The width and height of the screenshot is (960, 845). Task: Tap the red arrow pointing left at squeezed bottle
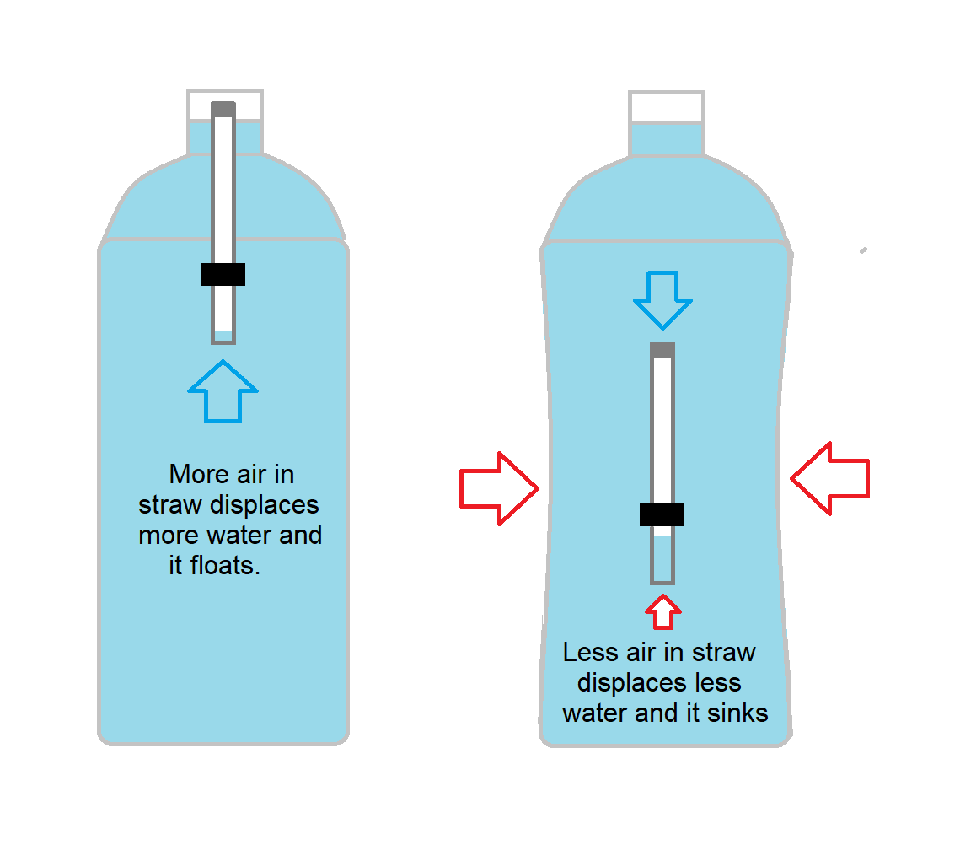point(830,479)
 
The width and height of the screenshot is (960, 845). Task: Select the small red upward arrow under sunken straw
point(663,611)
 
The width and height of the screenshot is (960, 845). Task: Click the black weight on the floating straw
point(223,274)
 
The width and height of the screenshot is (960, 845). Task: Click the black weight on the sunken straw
point(662,514)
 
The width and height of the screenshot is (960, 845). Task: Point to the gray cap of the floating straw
point(223,109)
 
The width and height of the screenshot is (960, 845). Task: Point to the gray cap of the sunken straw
point(662,349)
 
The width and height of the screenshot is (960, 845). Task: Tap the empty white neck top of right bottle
point(666,107)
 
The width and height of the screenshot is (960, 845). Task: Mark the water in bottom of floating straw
point(223,336)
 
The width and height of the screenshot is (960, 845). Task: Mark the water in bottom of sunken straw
point(662,557)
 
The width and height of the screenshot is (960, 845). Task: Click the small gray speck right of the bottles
point(863,250)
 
